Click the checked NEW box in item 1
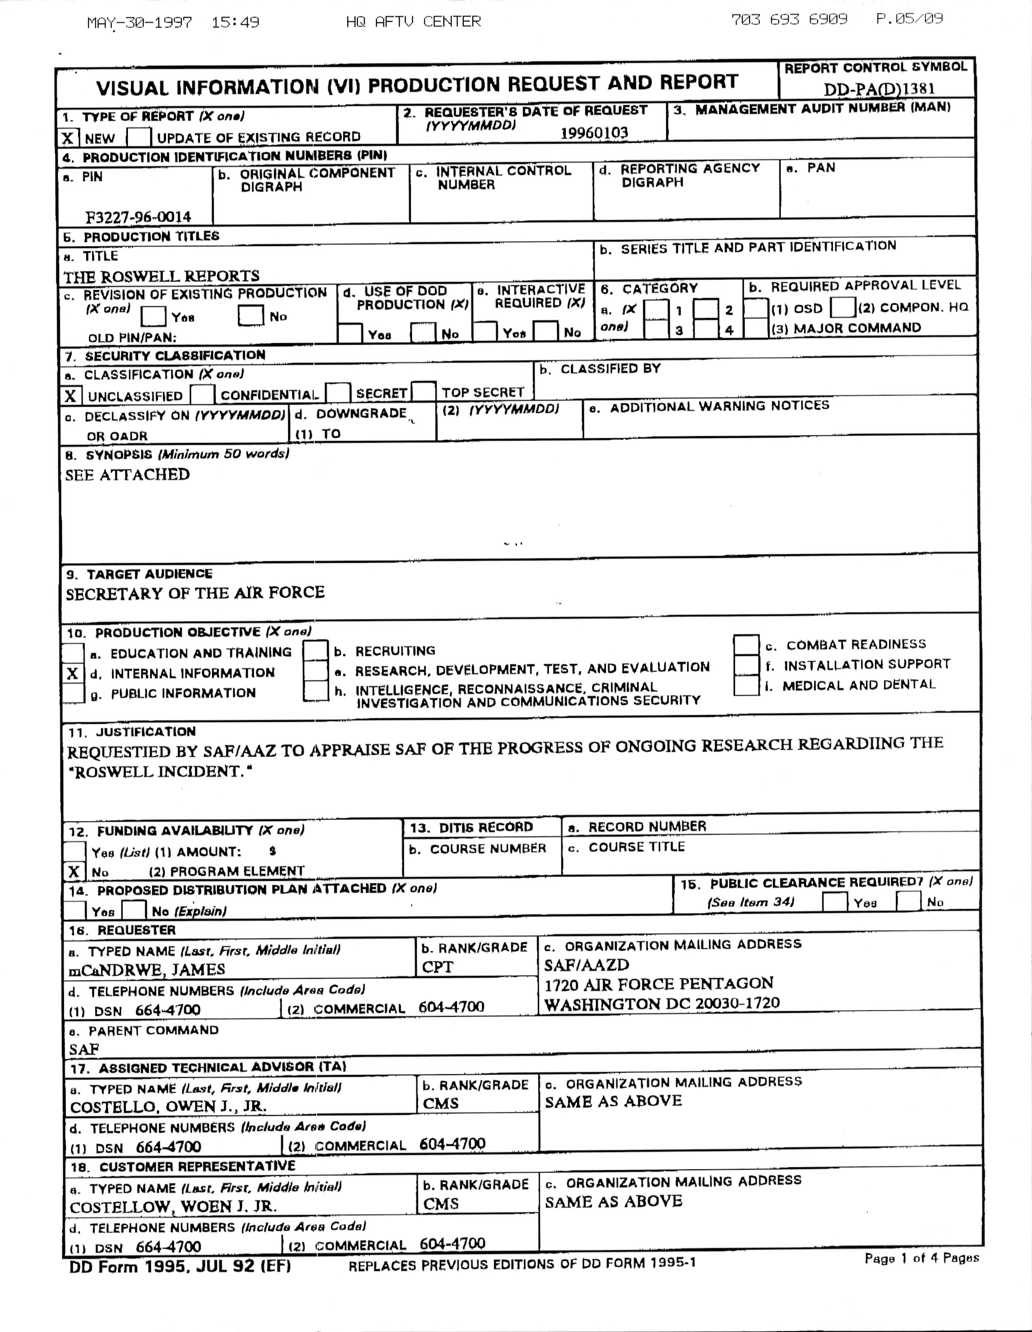68,138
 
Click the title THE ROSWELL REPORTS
161,276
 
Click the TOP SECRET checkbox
424,392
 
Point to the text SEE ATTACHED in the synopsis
127,475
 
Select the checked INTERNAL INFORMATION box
72,673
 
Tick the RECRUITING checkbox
315,651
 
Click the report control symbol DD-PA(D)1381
879,89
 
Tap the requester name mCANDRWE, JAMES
147,970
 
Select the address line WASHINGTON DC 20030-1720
662,1004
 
